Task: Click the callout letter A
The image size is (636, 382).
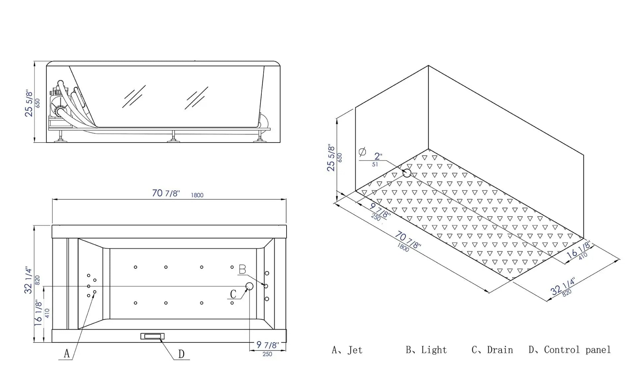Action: [67, 353]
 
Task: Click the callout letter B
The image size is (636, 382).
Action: [242, 269]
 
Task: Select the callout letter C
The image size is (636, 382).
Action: [233, 294]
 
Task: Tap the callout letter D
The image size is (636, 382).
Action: [181, 354]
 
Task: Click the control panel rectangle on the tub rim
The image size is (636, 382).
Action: [152, 336]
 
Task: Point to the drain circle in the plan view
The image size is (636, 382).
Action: [249, 286]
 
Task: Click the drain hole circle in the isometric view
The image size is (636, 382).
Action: [407, 173]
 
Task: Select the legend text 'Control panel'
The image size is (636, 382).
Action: [577, 350]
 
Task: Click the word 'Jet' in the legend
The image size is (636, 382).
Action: [355, 350]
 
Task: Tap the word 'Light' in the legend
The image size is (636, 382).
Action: [434, 350]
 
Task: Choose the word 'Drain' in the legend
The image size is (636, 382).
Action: [500, 350]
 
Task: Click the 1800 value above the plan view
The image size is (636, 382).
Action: [197, 195]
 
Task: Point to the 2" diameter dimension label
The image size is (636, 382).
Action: [378, 156]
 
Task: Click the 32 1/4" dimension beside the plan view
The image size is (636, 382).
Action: [29, 281]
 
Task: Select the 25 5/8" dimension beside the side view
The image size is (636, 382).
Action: [29, 103]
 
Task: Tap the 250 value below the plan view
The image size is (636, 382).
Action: [267, 354]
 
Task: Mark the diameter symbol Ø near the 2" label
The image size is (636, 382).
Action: [362, 152]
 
